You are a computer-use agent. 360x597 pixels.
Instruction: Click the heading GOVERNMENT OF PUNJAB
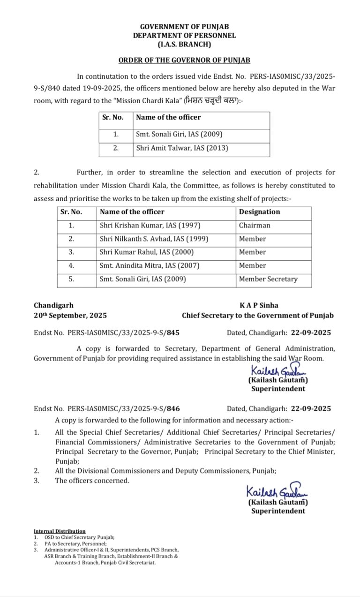[x=184, y=27]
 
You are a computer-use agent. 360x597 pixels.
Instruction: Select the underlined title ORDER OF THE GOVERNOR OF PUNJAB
[x=184, y=60]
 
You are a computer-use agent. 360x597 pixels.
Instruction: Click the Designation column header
[x=259, y=212]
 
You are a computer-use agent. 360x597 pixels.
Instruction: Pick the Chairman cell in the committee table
[x=255, y=225]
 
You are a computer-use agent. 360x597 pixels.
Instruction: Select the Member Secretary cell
[x=268, y=279]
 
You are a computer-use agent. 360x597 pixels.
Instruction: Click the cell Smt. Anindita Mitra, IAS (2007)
[x=150, y=265]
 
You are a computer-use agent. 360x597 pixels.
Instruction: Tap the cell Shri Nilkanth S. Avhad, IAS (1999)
[x=154, y=239]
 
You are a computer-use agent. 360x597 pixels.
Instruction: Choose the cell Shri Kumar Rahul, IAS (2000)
[x=147, y=252]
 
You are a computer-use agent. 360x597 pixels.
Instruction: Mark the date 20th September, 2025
[x=70, y=316]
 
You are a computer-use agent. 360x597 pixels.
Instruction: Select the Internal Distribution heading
[x=60, y=531]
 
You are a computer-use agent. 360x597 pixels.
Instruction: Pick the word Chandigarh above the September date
[x=53, y=305]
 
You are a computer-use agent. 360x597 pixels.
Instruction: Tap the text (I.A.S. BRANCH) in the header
[x=184, y=45]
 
